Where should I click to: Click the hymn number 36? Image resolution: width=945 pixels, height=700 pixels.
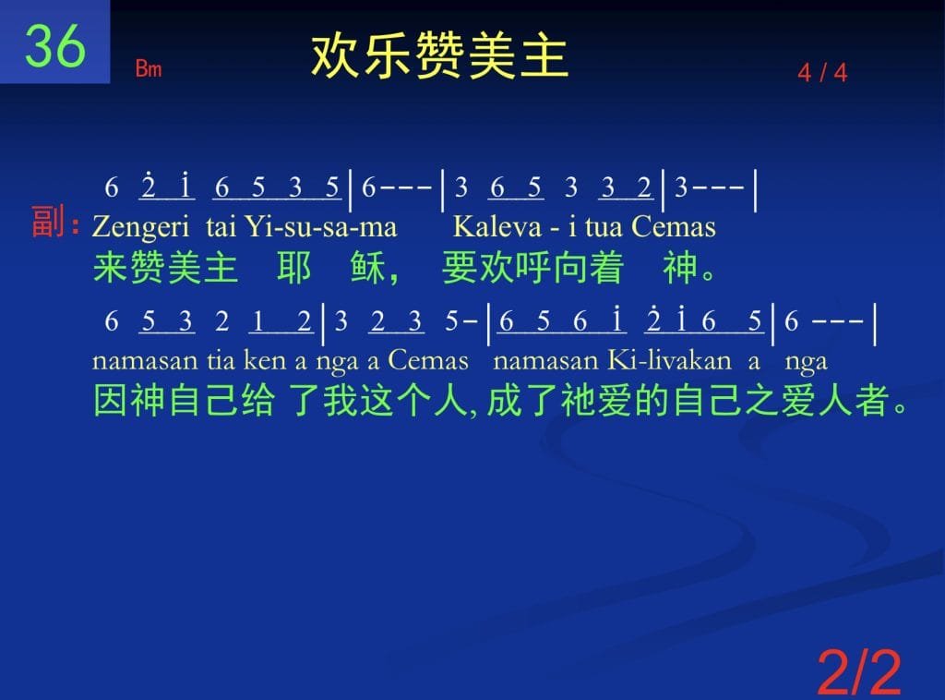54,45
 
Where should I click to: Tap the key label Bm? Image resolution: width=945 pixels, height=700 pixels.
149,68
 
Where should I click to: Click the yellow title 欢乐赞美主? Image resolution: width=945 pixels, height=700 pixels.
439,55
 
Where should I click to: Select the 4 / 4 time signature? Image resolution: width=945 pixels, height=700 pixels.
822,73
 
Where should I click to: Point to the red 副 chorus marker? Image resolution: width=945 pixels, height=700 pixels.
48,222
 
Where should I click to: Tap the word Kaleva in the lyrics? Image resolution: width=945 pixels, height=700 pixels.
497,226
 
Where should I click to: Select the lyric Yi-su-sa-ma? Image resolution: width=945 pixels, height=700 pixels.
321,226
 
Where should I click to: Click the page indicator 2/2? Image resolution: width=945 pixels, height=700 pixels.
859,671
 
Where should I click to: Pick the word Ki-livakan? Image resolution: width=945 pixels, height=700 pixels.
670,360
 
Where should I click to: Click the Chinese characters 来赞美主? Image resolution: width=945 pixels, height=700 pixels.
165,268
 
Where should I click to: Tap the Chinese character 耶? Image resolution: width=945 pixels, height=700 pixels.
294,268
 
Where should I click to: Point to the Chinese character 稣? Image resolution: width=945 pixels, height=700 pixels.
367,268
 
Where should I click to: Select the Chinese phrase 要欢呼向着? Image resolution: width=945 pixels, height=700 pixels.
532,268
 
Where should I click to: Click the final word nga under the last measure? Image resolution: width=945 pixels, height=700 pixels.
806,362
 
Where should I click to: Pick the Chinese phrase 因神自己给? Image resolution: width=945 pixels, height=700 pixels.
184,401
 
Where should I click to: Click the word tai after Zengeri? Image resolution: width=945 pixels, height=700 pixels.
221,226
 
